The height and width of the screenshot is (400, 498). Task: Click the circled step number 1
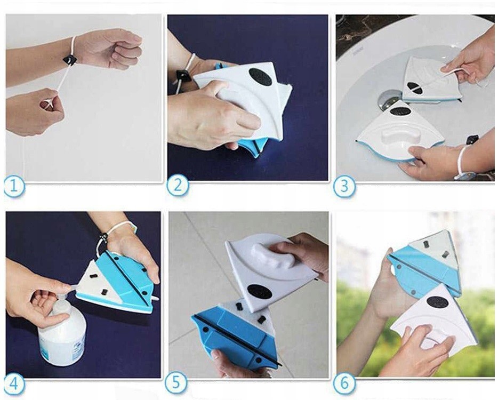coord(14,186)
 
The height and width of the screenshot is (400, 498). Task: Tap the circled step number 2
coord(177,185)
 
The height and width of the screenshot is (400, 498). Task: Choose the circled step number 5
coord(175,382)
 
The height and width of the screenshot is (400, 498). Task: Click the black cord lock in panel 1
coord(69,60)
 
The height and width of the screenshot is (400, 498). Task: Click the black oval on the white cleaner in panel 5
coord(260,292)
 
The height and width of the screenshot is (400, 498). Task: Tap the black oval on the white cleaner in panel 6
coord(438,302)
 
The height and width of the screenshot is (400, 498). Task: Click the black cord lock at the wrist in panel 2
coord(182,76)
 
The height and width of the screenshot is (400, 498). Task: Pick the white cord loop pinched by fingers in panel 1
coord(49,103)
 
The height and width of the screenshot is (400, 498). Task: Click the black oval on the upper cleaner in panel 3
coord(415,88)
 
